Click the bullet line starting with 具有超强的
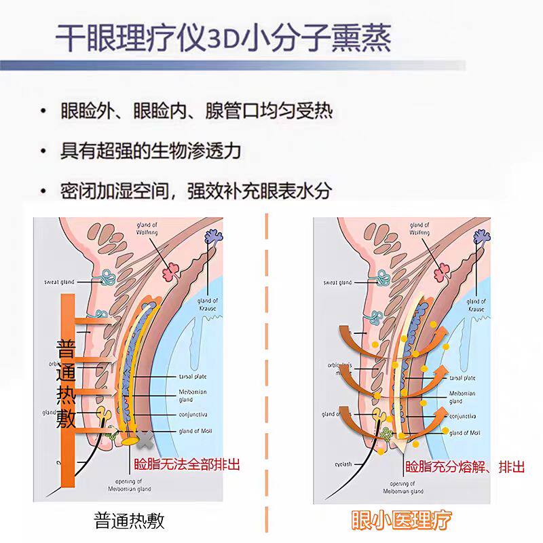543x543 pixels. point(150,150)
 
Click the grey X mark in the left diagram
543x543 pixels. point(144,438)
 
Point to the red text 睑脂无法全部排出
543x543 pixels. point(187,465)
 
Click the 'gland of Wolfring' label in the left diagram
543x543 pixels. point(146,229)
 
